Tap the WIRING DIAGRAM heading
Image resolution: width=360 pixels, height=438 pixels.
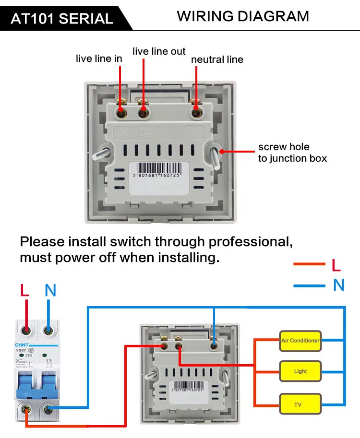[243, 16]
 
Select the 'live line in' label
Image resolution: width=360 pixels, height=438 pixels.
[99, 59]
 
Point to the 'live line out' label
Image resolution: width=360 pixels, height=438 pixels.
[159, 51]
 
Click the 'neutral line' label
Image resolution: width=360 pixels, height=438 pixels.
[217, 60]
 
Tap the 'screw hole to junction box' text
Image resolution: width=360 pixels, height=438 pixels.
[292, 153]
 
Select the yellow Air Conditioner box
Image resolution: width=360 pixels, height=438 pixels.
[300, 341]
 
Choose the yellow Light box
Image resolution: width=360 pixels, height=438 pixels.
[300, 371]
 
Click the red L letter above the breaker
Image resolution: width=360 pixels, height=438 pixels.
[25, 290]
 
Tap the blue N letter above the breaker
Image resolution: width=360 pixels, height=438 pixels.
[50, 290]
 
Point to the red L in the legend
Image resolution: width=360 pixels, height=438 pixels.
[336, 264]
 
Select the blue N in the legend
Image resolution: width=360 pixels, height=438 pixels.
[339, 285]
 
